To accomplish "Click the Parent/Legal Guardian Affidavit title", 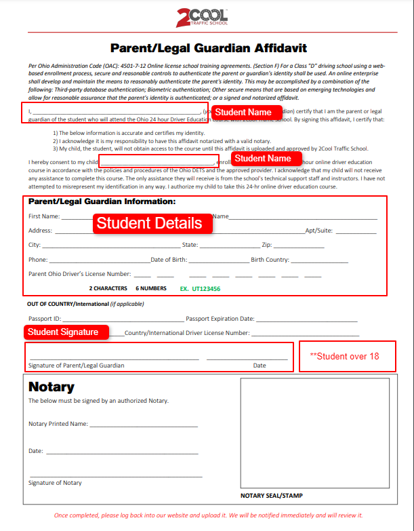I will pos(208,48).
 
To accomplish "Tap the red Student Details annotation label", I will pos(149,223).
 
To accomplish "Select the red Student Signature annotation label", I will pos(67,332).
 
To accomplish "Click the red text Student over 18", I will pos(344,357).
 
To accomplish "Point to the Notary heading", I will pos(51,387).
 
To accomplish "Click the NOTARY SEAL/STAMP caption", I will pos(272,496).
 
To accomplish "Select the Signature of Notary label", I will pos(55,483).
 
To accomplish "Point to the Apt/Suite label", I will pos(318,231).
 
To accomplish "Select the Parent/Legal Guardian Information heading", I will pos(102,201).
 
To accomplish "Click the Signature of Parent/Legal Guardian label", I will pos(76,366).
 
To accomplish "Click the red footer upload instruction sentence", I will pos(208,515).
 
